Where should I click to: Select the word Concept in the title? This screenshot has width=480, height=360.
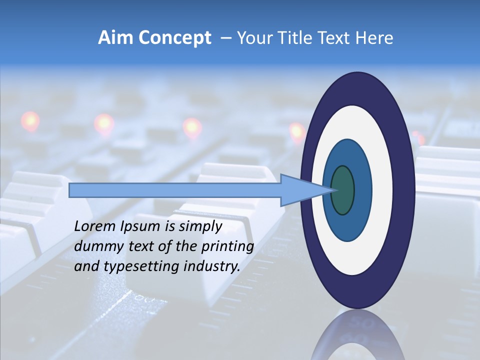click(174, 38)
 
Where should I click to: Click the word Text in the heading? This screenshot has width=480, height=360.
click(335, 38)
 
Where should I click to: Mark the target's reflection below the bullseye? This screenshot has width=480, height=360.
click(357, 337)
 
